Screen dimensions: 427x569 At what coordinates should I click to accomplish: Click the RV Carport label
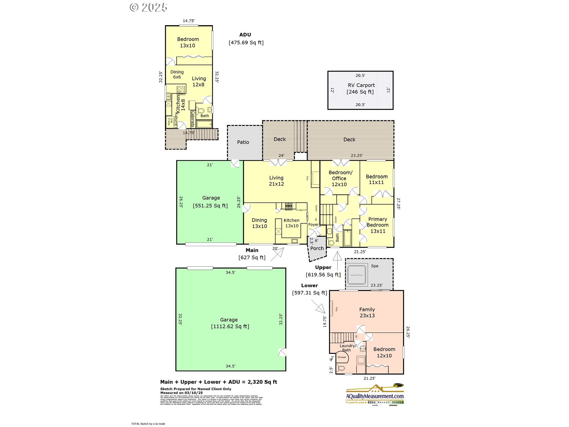coord(361,85)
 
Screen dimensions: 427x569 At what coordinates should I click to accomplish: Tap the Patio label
coord(243,142)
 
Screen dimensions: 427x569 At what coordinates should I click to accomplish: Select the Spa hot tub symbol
coord(357,275)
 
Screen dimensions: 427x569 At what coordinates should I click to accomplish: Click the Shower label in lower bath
coord(342,357)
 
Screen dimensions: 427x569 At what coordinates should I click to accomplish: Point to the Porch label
coord(317,248)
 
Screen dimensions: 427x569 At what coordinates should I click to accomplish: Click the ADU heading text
coord(245,35)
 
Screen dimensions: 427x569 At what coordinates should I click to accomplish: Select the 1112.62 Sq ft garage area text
coord(230,326)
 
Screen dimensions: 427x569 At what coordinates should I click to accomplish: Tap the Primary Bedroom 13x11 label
coord(378,225)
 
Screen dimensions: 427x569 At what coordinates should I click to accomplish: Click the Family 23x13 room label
coord(367,313)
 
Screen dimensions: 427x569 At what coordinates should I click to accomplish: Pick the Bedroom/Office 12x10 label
coord(340,178)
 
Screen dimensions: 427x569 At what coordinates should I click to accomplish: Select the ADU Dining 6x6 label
coord(177,74)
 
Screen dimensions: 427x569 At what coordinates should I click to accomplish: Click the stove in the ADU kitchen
coord(181,90)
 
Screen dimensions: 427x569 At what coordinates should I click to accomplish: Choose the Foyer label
coord(314,225)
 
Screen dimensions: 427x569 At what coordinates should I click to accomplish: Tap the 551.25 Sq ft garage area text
coord(210,206)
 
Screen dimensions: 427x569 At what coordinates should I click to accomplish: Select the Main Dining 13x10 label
coord(259,223)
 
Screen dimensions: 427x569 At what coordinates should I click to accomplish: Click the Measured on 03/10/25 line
coord(181,393)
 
